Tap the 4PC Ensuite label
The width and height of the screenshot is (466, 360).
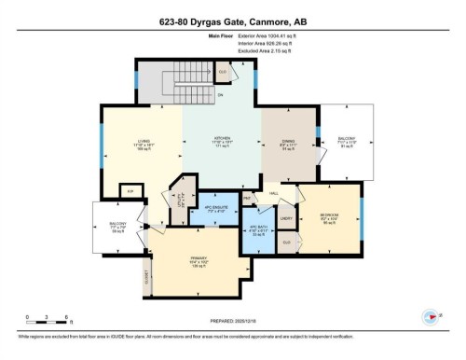[x=216, y=210]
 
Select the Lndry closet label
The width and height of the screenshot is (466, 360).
[x=287, y=218]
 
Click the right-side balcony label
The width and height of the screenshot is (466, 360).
[x=346, y=142]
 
